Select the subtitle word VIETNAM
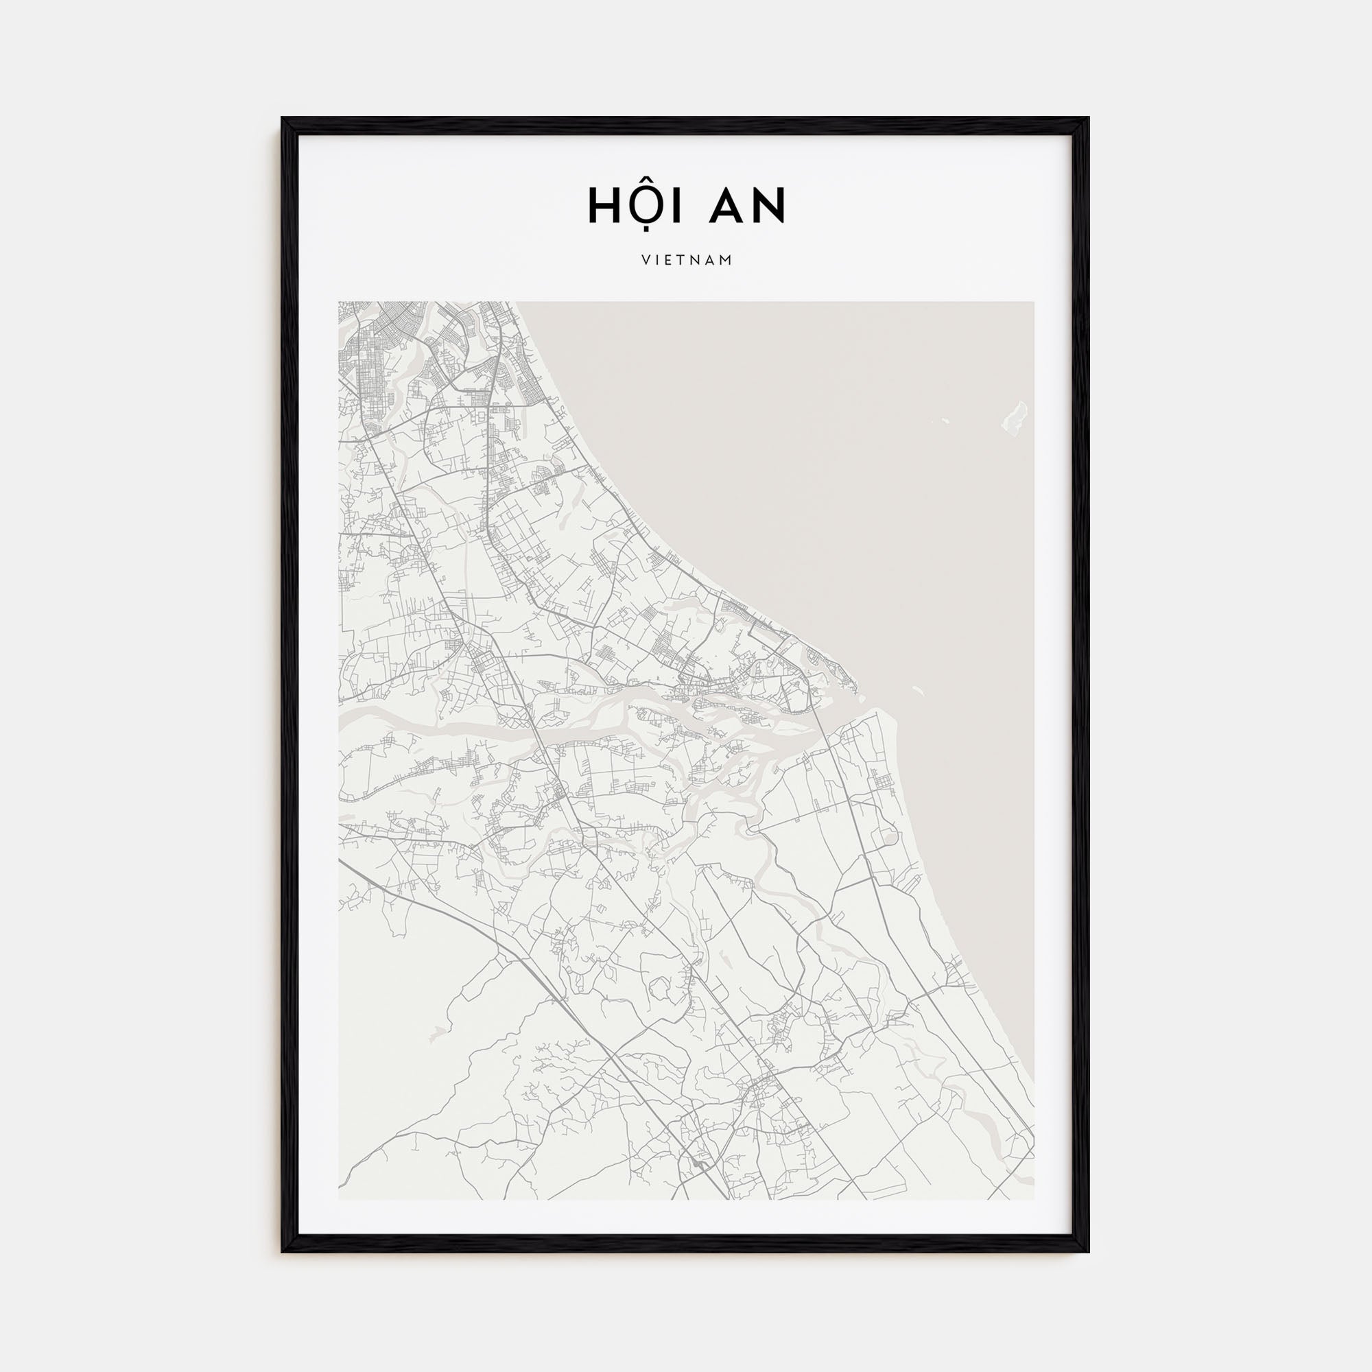[x=687, y=261]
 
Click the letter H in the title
[x=603, y=205]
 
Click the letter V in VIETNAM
[x=646, y=261]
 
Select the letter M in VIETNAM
[x=726, y=261]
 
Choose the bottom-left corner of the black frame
[x=283, y=1250]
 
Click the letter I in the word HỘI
[x=672, y=205]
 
